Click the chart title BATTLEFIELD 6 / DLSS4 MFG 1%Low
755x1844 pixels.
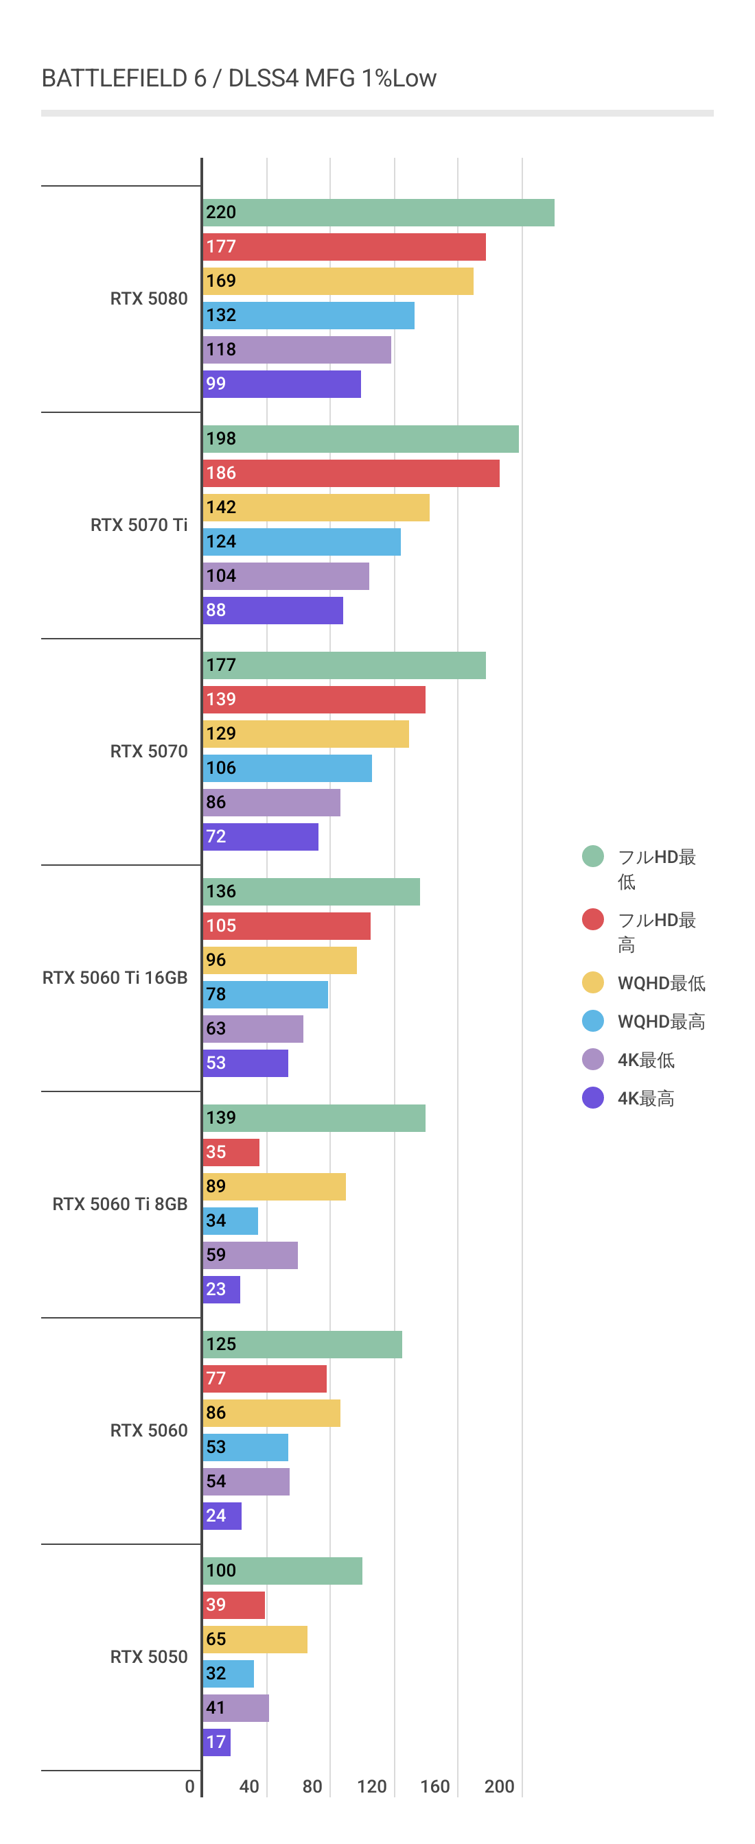(239, 78)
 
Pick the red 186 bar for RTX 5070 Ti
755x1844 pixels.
(351, 473)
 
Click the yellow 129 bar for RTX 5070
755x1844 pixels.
(306, 734)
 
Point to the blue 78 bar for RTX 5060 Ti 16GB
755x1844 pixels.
(265, 994)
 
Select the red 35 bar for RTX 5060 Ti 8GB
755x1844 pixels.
(231, 1152)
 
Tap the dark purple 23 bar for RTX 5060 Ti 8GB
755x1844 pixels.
(221, 1290)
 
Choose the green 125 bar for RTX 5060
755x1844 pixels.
(302, 1345)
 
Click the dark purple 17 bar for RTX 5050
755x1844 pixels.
(216, 1742)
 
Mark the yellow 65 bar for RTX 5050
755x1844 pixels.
(255, 1640)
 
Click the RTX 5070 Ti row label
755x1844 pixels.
(139, 525)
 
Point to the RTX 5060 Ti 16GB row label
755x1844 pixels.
(115, 978)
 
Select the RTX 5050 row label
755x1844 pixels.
(149, 1657)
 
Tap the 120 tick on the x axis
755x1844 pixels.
(372, 1787)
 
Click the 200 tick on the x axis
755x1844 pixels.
(499, 1787)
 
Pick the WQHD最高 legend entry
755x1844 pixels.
(661, 1021)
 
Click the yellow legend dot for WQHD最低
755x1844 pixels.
(592, 983)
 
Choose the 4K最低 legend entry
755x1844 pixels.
(645, 1060)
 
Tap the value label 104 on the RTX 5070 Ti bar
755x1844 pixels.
(220, 576)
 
